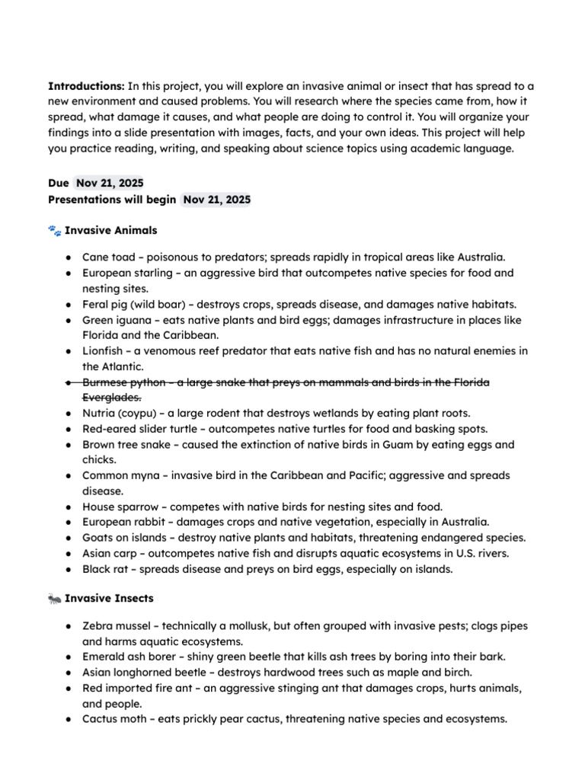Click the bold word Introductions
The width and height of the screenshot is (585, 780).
[x=86, y=85]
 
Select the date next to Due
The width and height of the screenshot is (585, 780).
[x=110, y=184]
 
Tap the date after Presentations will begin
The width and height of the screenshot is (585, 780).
[x=216, y=200]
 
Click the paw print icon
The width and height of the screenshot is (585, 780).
[x=54, y=230]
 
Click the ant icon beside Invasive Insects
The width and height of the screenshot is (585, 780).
[x=54, y=599]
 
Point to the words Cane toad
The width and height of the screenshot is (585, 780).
[x=107, y=257]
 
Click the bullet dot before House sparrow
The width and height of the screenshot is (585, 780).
[x=69, y=507]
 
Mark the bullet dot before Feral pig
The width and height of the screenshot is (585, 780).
[x=69, y=304]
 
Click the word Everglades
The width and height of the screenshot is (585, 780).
[x=110, y=397]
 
